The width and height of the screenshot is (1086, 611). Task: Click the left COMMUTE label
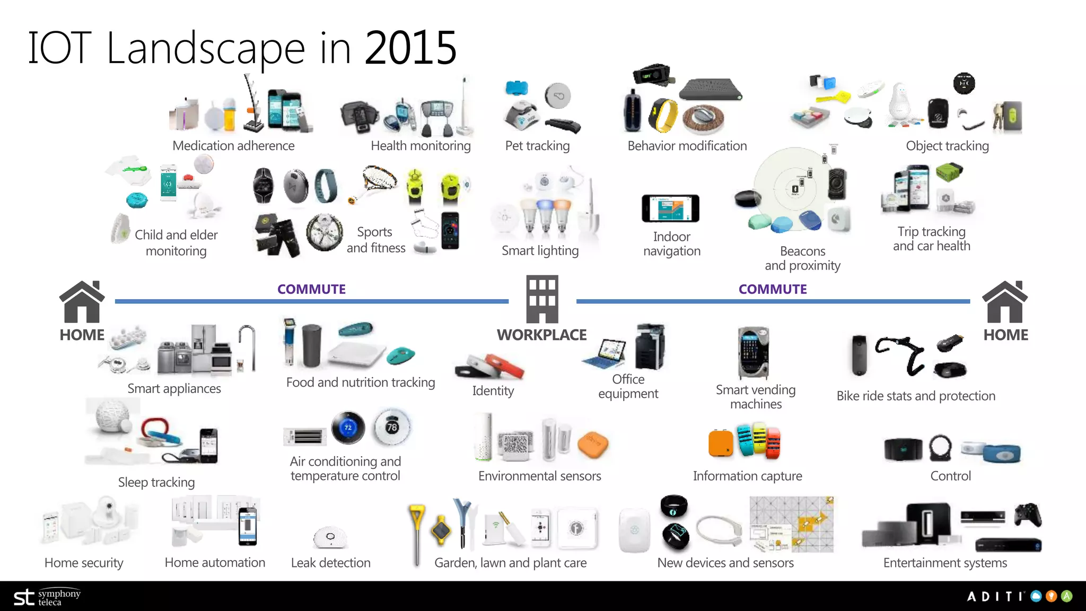coord(311,289)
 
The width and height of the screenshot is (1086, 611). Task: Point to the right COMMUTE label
coord(773,289)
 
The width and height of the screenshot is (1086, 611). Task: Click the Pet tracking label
coord(537,146)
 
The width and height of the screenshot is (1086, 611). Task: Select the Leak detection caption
coord(330,563)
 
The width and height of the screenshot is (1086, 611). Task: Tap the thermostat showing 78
coord(391,427)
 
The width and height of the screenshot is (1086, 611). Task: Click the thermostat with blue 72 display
coord(348,427)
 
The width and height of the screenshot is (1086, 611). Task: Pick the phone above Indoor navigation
coord(670,208)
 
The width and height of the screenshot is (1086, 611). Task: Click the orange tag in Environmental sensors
coord(593,444)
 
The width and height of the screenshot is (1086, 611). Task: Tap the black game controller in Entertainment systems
coord(1028,515)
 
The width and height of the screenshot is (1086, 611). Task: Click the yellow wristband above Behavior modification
coord(663,115)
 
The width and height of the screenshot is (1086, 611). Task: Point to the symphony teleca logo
coord(47,597)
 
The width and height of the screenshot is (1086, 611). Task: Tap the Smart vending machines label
coord(756,397)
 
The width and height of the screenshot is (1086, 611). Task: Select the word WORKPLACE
coord(541,335)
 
